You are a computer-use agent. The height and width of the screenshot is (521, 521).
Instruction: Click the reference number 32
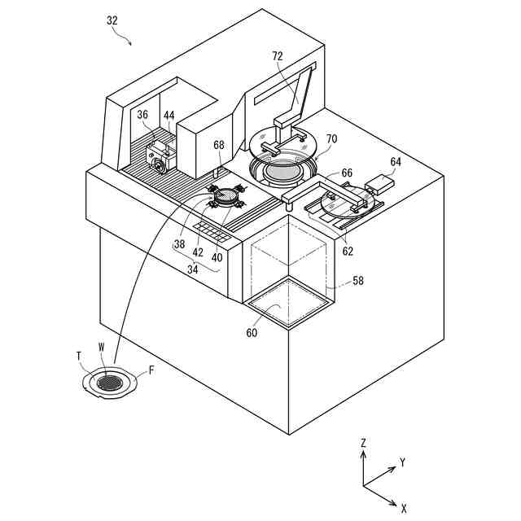coord(112,21)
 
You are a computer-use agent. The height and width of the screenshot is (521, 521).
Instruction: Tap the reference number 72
coord(278,56)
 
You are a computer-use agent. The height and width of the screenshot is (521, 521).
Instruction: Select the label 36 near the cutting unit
coord(142,115)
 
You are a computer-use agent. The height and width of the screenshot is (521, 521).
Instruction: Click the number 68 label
coord(218,145)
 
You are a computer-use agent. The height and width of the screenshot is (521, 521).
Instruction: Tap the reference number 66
coord(347,173)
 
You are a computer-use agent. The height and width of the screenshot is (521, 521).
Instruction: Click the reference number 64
coord(396,161)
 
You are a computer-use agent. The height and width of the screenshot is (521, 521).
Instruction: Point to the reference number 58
coord(357,281)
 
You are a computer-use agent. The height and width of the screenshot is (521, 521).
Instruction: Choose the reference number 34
coord(192,268)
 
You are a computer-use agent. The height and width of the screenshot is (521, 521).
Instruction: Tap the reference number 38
coord(179,243)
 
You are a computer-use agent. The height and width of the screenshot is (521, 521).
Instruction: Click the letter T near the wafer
coord(80,355)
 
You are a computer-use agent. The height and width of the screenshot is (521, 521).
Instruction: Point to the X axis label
coord(404,508)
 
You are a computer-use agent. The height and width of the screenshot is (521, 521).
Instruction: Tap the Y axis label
coord(402,462)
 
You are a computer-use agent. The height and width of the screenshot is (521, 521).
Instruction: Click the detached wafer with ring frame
coord(109,381)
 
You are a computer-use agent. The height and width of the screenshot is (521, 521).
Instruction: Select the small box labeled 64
coord(379,182)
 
